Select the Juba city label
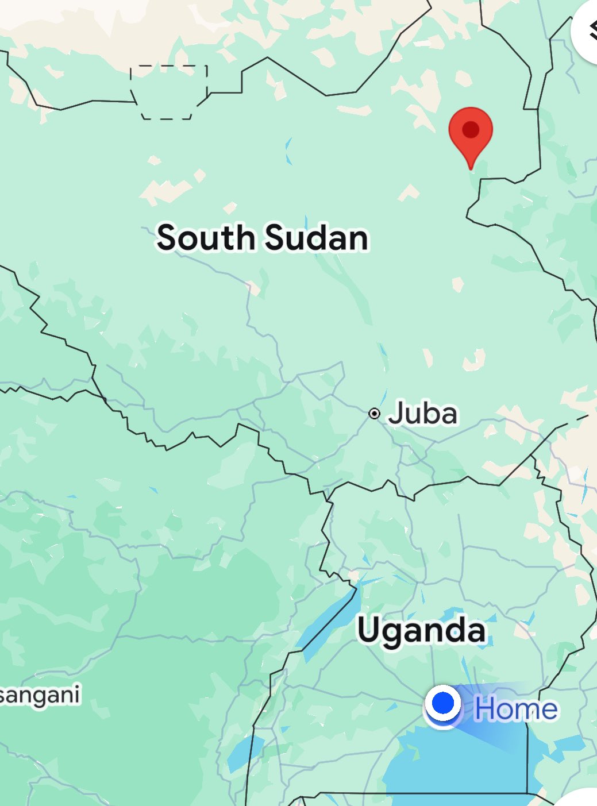point(422,414)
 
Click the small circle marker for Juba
point(374,414)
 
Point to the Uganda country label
point(421,630)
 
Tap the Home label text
point(515,709)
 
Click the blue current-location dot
point(443,703)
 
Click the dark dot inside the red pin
point(471,129)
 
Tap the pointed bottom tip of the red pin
point(471,168)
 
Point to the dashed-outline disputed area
point(168,92)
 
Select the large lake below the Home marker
point(460,764)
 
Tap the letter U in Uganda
point(371,630)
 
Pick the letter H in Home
point(486,709)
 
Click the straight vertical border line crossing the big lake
point(527,758)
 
